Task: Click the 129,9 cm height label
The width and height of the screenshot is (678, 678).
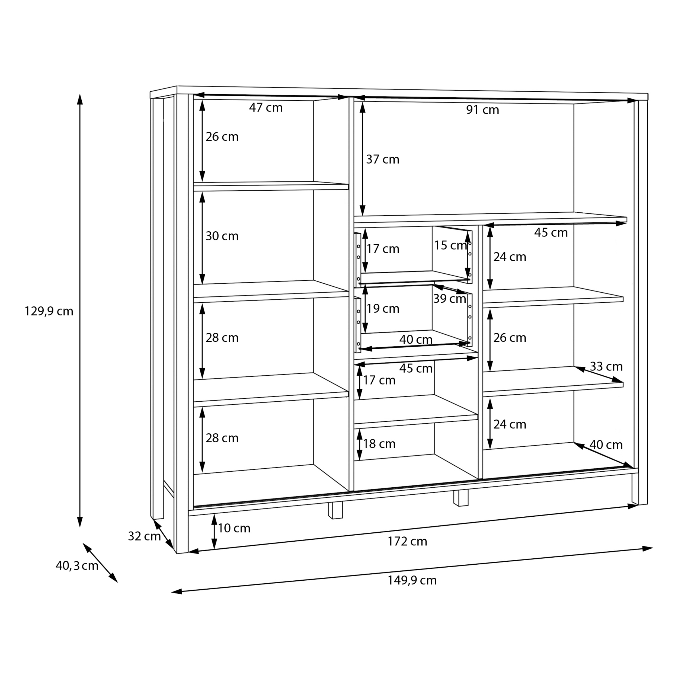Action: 49,311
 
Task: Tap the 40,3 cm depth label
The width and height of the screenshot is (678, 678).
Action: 77,566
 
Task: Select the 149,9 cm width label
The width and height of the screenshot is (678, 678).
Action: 412,580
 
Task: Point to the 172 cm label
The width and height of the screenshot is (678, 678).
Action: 407,542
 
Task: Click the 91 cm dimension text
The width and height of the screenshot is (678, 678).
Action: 482,110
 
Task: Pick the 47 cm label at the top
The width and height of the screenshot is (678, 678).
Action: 266,108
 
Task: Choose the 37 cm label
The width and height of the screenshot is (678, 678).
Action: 382,159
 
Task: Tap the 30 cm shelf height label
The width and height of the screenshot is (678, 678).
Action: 222,236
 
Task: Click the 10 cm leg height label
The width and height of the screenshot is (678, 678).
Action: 234,528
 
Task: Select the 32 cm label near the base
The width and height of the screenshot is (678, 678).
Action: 144,536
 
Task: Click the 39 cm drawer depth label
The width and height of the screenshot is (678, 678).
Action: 449,299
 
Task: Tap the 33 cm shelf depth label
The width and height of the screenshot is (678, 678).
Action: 606,366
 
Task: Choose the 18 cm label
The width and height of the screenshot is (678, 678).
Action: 379,444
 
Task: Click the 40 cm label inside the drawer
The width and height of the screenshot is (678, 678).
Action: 416,340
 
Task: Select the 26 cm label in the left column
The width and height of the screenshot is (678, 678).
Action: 222,137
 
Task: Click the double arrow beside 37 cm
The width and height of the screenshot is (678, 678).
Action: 363,159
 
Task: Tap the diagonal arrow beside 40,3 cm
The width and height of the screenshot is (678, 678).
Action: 100,563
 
